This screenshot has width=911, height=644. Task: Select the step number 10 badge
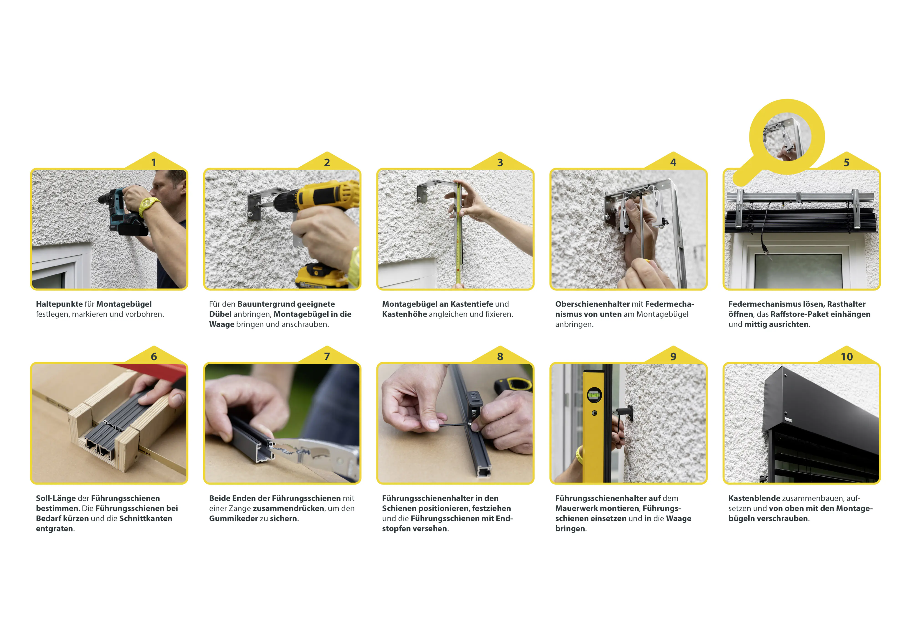point(847,357)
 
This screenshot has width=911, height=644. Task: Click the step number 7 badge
point(327,357)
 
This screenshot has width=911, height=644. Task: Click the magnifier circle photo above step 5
point(787,137)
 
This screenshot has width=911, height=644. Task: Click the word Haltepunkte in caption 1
point(59,304)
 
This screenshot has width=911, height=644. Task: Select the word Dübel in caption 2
point(220,314)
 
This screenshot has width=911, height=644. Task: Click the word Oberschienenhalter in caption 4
point(592,304)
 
